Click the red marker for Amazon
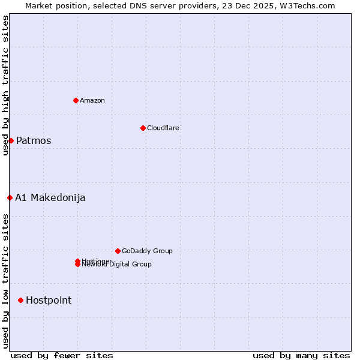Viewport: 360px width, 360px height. point(76,100)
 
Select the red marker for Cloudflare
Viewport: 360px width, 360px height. point(143,128)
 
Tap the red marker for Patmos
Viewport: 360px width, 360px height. point(11,140)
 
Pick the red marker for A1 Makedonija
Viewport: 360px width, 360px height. point(10,197)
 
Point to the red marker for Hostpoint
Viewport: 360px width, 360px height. point(20,300)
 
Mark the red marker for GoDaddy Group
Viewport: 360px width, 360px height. point(118,251)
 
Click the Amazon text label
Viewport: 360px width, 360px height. point(92,100)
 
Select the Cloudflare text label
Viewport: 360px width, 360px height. point(163,128)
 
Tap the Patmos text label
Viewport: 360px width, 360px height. point(34,141)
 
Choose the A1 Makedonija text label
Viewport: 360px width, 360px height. point(50,198)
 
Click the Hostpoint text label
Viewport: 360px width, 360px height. point(49,301)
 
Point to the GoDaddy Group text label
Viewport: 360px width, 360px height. point(147,251)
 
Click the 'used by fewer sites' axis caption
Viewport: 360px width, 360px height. point(62,356)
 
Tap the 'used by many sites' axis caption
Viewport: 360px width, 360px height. point(301,356)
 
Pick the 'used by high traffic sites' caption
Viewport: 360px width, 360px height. point(5,86)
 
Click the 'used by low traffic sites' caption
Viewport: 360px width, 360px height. point(5,281)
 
